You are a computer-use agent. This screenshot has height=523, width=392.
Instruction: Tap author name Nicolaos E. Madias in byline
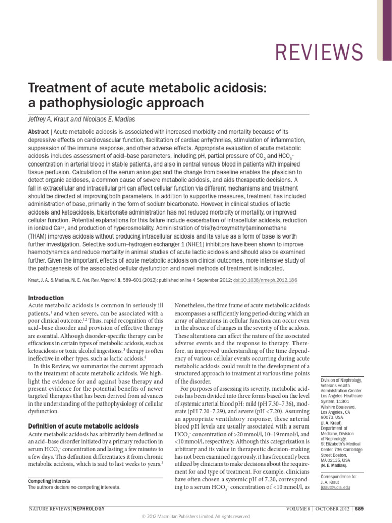(112, 120)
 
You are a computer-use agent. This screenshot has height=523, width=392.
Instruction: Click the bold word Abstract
(38, 131)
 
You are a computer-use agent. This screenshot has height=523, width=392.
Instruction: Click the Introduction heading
(46, 298)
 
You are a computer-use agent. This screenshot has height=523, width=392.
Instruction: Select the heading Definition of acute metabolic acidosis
(83, 426)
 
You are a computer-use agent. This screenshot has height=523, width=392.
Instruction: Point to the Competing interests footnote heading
(49, 481)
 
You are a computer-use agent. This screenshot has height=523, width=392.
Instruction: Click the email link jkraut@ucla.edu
(335, 488)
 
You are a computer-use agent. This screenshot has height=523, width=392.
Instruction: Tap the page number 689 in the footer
(359, 509)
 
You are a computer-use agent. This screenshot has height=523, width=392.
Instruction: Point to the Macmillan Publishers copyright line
(195, 516)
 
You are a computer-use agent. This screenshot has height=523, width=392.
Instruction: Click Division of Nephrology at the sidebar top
(341, 381)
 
